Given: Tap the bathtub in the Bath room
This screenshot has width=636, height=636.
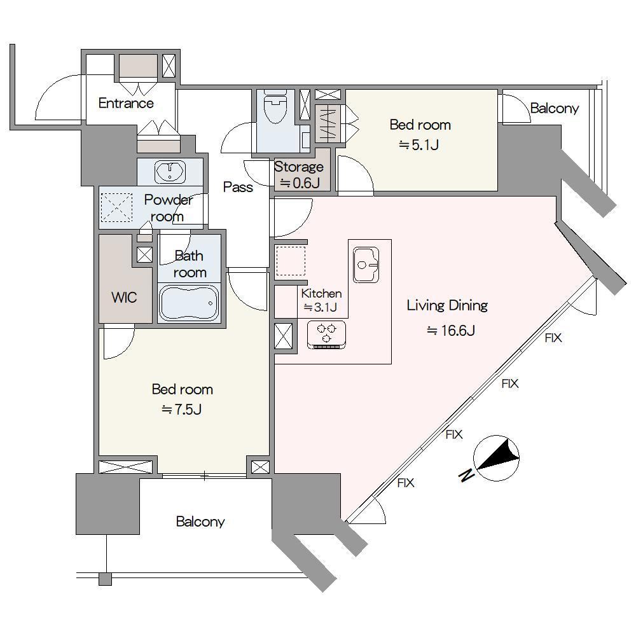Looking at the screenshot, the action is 189,303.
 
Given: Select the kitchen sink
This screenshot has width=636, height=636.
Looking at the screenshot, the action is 366,265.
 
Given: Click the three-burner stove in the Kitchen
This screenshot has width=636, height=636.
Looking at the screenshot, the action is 326,335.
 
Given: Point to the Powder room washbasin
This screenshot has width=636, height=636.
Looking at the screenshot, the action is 170,172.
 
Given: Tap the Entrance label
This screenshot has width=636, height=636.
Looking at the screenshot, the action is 126,103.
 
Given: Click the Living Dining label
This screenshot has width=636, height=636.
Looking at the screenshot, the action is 447,305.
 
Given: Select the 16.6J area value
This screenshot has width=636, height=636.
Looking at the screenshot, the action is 451,331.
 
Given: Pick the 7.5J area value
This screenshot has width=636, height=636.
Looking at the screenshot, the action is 182,410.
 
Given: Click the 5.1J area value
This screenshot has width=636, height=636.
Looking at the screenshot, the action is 419,145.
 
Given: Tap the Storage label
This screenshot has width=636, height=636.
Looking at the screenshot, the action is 299,167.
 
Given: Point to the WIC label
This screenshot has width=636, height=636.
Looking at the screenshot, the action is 124,297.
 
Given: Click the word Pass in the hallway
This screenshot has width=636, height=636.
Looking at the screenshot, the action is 238,187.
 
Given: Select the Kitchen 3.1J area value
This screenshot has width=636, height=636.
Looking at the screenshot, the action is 321,307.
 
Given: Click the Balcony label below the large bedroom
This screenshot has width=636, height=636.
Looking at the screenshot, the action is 200,522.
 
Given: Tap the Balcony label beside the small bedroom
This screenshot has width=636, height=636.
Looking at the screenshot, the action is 555,108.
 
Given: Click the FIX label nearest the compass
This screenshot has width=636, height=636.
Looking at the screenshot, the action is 454,434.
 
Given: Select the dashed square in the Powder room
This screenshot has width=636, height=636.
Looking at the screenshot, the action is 116,208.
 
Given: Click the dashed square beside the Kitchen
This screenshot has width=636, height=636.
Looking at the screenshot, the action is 291,260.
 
